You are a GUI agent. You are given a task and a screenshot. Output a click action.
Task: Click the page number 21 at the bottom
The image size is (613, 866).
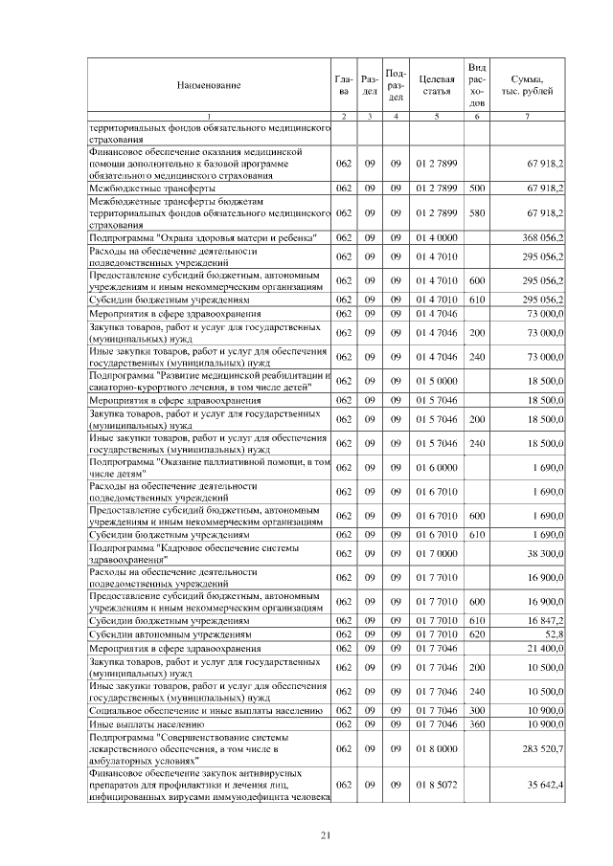pos(325,835)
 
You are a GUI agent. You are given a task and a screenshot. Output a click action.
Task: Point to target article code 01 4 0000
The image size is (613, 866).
pos(436,236)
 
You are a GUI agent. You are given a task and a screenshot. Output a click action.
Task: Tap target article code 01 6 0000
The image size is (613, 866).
pos(436,467)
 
